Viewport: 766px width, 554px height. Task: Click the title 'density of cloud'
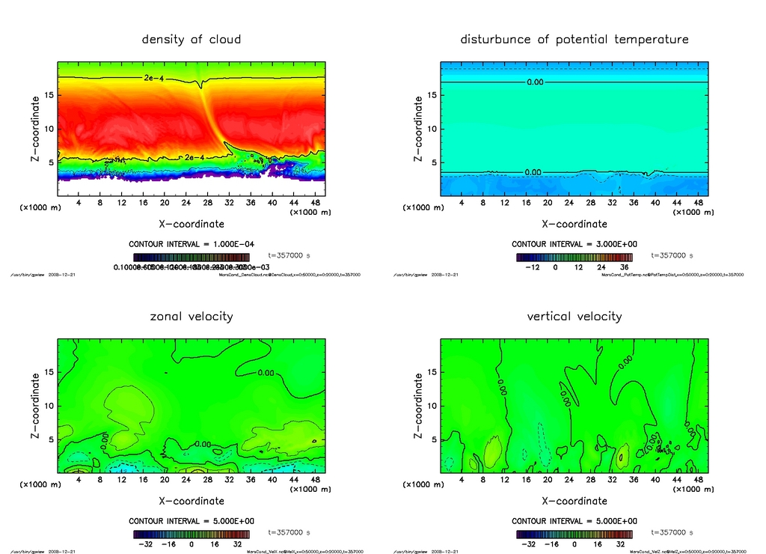click(191, 39)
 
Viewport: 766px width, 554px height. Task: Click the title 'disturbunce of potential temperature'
click(574, 39)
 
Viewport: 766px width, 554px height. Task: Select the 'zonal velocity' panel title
click(191, 316)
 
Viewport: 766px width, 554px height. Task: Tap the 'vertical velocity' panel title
click(574, 316)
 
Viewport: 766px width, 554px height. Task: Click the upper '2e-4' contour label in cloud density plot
click(153, 78)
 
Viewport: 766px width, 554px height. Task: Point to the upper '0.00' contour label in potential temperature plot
click(535, 82)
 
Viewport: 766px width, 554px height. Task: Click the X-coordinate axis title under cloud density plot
click(191, 223)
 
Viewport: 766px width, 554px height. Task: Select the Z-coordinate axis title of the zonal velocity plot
click(35, 406)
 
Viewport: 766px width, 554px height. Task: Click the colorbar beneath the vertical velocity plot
click(574, 535)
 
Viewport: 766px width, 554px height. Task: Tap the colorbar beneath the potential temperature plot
click(574, 257)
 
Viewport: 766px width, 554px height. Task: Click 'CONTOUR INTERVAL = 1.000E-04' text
click(191, 244)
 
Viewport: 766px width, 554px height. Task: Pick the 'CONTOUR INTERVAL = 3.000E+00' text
click(574, 244)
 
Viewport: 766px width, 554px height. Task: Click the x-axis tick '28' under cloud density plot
click(207, 203)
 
